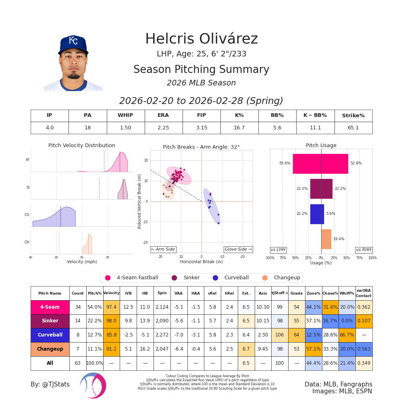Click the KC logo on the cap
click(x=73, y=41)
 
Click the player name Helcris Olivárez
click(x=201, y=39)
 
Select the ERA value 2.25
click(x=163, y=128)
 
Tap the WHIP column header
click(x=125, y=116)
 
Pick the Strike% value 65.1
click(x=353, y=128)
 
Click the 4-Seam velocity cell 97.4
click(x=111, y=307)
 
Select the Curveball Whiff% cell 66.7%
click(x=347, y=335)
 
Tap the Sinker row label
click(x=50, y=321)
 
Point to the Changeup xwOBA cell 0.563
click(x=364, y=349)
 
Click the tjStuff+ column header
click(x=279, y=293)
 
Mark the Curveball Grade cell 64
click(x=296, y=335)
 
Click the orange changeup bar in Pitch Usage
click(x=326, y=239)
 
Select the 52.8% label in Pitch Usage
click(x=356, y=163)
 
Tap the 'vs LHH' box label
click(x=278, y=250)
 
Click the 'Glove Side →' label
click(x=238, y=249)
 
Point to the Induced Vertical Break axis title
click(x=140, y=201)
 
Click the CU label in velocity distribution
click(x=27, y=215)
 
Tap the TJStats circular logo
click(x=93, y=385)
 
